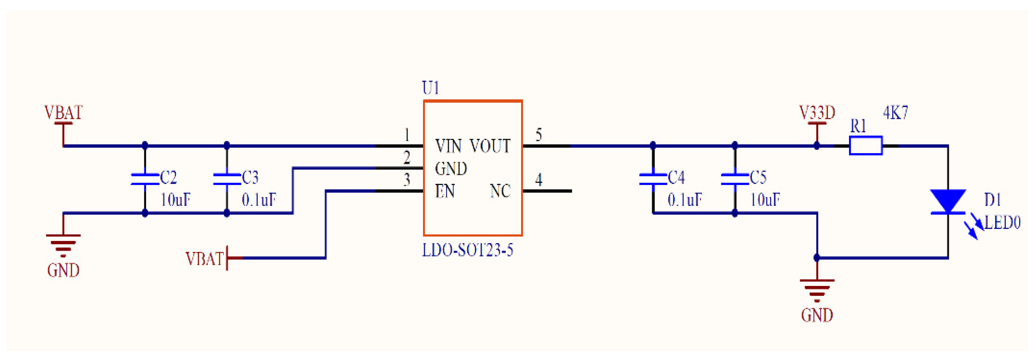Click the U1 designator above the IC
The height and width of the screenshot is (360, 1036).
pos(430,88)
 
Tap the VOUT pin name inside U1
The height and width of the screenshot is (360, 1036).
pos(490,146)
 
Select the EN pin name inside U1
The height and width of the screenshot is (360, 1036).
pos(445,191)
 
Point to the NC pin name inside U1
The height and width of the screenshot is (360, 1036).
pos(500,191)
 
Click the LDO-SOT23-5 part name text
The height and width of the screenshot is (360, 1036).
pos(467,250)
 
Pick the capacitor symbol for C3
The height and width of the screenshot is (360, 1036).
pos(226,179)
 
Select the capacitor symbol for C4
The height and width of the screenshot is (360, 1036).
pos(653,179)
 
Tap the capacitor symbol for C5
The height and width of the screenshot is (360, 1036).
pos(734,179)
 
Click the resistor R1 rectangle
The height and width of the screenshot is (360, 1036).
pos(865,146)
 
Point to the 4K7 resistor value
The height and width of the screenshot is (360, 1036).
pos(895,113)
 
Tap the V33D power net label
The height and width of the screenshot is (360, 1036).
pos(816,113)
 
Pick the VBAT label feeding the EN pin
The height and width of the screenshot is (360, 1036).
pos(204,259)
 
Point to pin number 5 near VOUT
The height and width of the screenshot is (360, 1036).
pos(539,134)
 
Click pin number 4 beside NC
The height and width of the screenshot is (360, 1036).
pos(539,179)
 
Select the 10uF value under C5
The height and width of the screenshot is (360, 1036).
pos(765,200)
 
